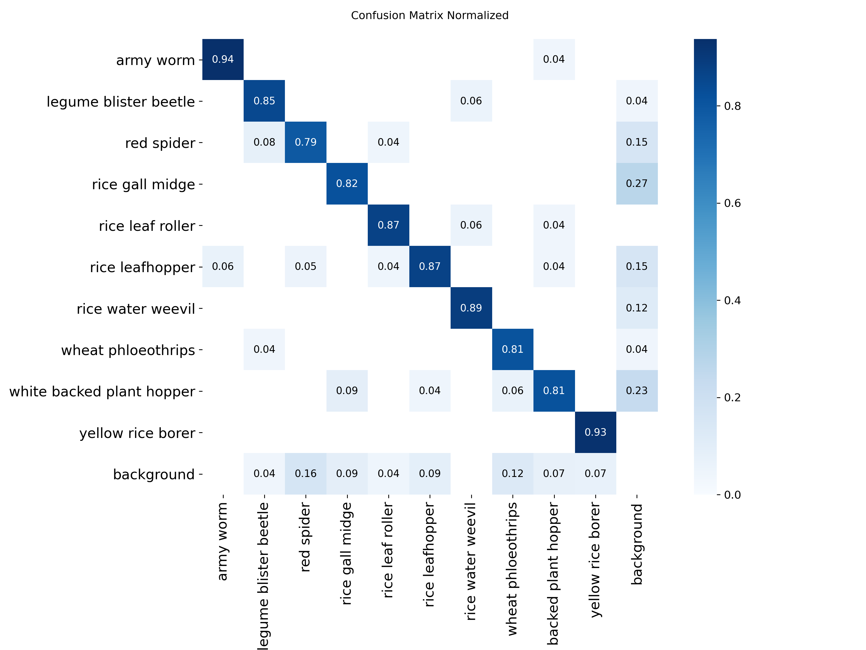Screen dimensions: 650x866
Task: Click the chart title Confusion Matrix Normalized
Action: coord(430,15)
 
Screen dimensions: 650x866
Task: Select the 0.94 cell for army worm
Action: coord(223,59)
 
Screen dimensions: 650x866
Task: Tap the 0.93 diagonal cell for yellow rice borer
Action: coord(595,432)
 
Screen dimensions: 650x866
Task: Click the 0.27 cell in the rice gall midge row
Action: coord(637,183)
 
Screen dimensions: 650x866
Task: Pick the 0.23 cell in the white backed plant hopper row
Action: coord(637,391)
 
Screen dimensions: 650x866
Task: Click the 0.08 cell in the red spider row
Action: coord(264,142)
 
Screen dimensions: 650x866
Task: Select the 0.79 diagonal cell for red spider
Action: coord(305,142)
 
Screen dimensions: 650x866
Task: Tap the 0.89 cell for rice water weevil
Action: coord(471,308)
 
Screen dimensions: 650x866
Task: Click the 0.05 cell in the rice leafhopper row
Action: coord(305,266)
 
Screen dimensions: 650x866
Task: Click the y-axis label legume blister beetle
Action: coord(121,101)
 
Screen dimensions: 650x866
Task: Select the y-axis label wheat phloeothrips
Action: coord(128,350)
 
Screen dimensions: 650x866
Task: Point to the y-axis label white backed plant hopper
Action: coord(102,391)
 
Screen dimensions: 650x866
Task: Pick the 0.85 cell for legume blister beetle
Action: coord(264,101)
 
